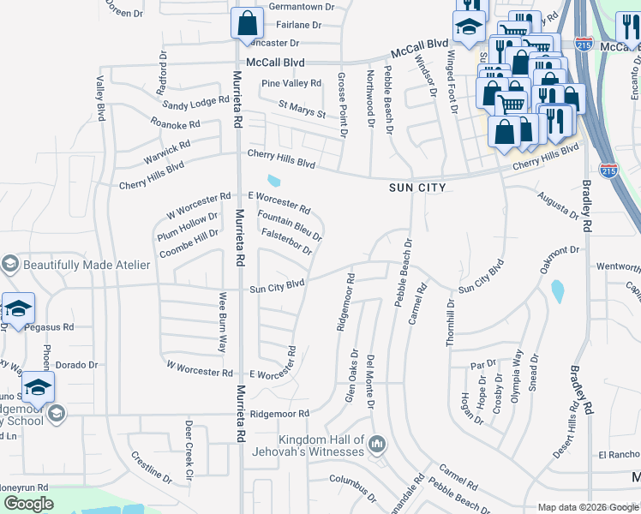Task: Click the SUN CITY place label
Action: pyautogui.click(x=417, y=187)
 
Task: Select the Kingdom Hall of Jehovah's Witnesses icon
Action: pyautogui.click(x=378, y=444)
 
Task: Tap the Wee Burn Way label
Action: pyautogui.click(x=222, y=323)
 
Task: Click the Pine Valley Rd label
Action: pyautogui.click(x=291, y=83)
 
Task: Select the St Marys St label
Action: pyautogui.click(x=302, y=110)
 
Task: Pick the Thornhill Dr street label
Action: pyautogui.click(x=449, y=323)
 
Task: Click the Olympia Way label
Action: pyautogui.click(x=517, y=369)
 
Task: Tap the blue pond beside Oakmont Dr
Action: pyautogui.click(x=558, y=292)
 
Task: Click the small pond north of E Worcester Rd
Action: pyautogui.click(x=273, y=181)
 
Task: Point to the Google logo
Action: pyautogui.click(x=28, y=504)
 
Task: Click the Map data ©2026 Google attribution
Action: pyautogui.click(x=588, y=507)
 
